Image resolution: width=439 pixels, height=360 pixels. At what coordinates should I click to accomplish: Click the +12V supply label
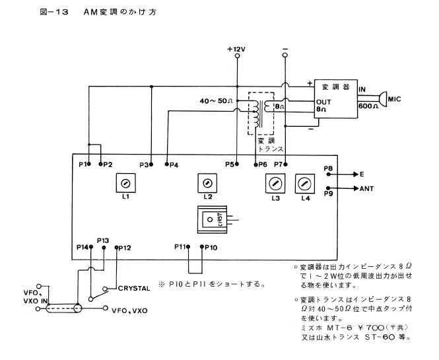coord(236,49)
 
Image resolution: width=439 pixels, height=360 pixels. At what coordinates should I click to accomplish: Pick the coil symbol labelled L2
coord(207,180)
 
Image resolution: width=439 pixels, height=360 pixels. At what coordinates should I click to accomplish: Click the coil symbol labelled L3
coord(275,182)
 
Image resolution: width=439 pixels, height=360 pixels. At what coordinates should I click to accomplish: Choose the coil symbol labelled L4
coord(304,182)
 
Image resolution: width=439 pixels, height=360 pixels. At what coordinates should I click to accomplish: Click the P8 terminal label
coord(328,169)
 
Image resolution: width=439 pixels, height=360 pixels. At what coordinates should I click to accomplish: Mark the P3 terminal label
coord(144,164)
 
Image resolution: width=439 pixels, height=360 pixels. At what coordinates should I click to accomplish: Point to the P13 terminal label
coord(103,240)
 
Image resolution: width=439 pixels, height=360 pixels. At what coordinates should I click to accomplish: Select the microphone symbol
coord(382,99)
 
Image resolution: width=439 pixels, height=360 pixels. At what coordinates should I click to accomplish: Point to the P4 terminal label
coord(174,164)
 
